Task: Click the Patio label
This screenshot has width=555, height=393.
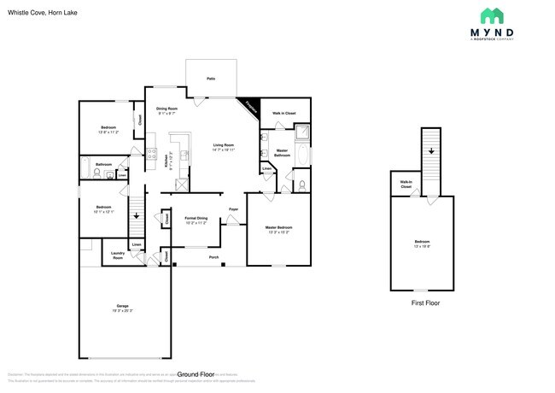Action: (211, 79)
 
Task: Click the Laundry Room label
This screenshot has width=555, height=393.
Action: (117, 255)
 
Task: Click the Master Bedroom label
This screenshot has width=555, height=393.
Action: (278, 229)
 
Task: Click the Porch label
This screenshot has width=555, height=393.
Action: (213, 256)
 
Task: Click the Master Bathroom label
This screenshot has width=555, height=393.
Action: (282, 153)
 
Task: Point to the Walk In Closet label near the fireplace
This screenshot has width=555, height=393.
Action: (284, 113)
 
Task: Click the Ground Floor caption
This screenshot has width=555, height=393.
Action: (196, 374)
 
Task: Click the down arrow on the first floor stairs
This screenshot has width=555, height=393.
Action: (431, 150)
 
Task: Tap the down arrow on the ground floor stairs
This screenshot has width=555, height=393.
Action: (135, 215)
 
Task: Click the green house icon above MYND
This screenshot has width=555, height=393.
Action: (491, 15)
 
